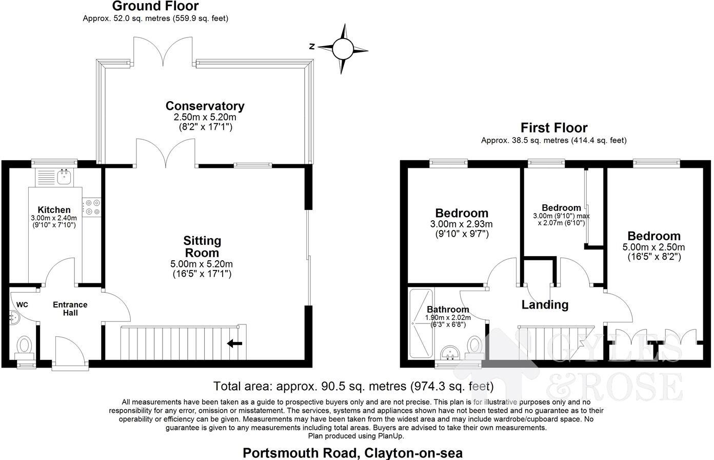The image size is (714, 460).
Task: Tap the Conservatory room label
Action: click(205, 106)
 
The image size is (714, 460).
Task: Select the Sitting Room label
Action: click(202, 246)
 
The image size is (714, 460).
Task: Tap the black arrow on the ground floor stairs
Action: click(234, 343)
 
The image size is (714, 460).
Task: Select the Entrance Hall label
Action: click(70, 308)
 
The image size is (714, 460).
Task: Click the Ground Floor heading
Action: click(155, 6)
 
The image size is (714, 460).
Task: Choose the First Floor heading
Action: click(553, 127)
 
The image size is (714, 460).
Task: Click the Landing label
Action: click(545, 305)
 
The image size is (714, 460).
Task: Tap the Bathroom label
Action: click(448, 310)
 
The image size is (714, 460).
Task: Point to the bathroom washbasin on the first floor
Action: click(452, 353)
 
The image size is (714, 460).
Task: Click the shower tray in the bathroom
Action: click(421, 323)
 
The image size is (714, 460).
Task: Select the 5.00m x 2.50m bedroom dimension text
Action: click(654, 247)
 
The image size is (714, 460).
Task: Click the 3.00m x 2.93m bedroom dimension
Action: click(462, 224)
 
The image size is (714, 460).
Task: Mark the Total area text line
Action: click(353, 386)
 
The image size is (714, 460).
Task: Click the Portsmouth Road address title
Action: click(352, 453)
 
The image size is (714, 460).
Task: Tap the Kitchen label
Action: click(54, 209)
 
